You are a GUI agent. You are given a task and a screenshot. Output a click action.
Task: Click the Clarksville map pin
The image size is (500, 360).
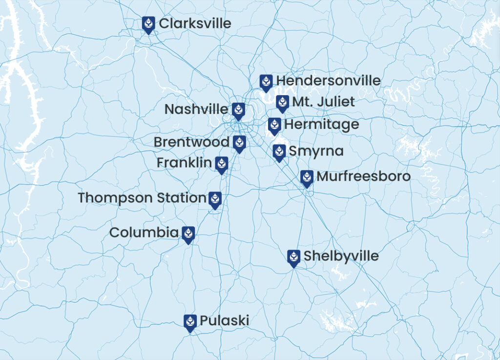coord(148,24)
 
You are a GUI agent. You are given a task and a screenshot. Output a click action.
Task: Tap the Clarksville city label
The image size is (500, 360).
coord(195,23)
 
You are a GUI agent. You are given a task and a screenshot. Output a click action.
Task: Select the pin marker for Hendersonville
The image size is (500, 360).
coord(266,82)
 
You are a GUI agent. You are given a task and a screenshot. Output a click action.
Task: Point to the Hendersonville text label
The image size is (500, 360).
coord(328,81)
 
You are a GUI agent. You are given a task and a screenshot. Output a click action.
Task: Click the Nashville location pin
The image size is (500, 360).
coord(238,110)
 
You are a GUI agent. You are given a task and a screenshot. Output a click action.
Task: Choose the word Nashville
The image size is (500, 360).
coord(196,109)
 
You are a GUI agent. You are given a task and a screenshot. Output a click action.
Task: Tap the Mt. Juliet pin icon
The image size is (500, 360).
coord(282,103)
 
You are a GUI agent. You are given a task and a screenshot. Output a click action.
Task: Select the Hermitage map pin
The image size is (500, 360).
coord(274,126)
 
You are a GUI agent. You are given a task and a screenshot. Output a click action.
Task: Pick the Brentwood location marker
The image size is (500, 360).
coord(239,143)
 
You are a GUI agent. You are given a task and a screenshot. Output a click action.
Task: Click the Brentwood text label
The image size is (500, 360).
coord(191,142)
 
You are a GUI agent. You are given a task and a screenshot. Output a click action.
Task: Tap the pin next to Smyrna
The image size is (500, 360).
coord(279,152)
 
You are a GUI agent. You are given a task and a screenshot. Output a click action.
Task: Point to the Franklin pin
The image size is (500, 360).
coord(221,164)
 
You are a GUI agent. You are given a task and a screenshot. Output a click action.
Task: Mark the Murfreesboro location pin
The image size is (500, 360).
coord(307,178)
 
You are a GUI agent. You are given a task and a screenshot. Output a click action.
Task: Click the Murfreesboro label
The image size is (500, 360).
coord(363,176)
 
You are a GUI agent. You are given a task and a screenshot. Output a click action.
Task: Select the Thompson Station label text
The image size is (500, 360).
coord(142,198)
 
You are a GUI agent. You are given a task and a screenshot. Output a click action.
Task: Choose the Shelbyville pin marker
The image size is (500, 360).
coord(293,257)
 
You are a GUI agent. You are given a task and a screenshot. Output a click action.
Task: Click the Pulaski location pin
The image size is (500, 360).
coord(190,322)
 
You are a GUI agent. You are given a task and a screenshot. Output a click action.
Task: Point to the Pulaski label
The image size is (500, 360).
coord(224,321)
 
